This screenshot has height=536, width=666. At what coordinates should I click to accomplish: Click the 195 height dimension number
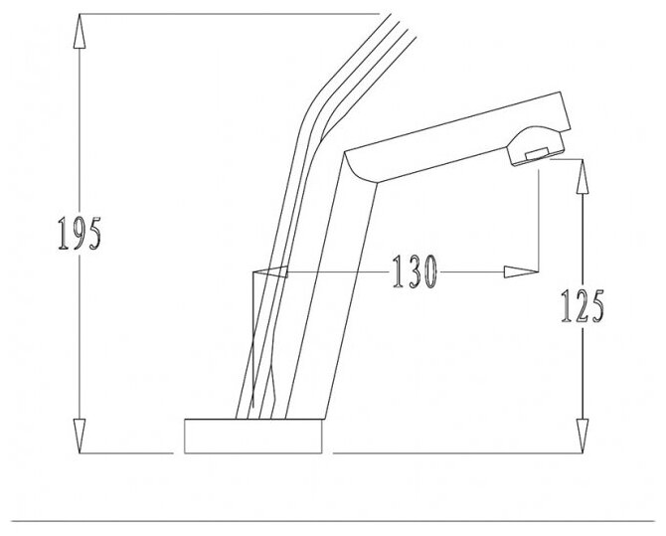click(80, 233)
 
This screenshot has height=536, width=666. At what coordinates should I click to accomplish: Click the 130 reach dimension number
click(415, 271)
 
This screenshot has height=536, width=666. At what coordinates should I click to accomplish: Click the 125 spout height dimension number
click(583, 305)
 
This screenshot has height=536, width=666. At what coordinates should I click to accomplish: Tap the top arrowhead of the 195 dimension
click(80, 31)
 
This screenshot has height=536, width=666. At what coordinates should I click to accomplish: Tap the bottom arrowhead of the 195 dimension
click(80, 436)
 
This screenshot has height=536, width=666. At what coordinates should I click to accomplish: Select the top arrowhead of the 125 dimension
click(583, 177)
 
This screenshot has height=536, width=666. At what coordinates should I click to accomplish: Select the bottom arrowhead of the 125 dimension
click(583, 437)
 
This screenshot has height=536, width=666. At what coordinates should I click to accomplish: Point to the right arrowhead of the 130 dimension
click(521, 272)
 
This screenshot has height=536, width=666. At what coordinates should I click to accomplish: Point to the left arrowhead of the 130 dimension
click(270, 272)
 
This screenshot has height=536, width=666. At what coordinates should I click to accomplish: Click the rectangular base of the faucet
click(253, 437)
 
